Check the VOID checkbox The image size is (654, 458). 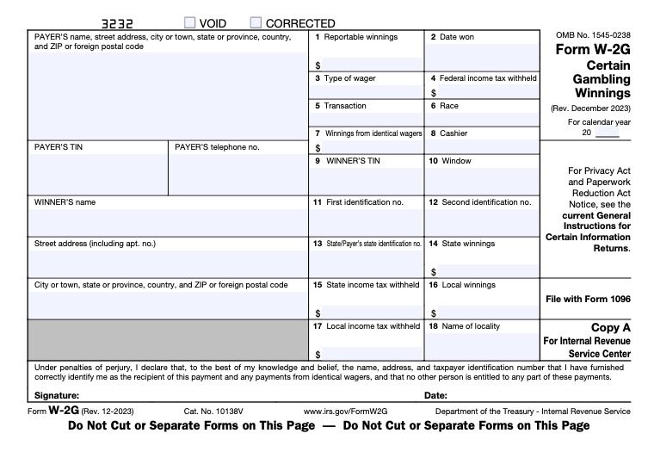pyautogui.click(x=189, y=23)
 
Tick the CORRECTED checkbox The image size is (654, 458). pyautogui.click(x=256, y=23)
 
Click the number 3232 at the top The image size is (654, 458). pyautogui.click(x=117, y=23)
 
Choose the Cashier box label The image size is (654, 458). pyautogui.click(x=454, y=133)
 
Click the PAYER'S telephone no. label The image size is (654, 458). pyautogui.click(x=217, y=147)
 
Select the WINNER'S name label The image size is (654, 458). pyautogui.click(x=65, y=202)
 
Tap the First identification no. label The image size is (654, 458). pyautogui.click(x=364, y=202)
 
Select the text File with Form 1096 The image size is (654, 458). pyautogui.click(x=588, y=299)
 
